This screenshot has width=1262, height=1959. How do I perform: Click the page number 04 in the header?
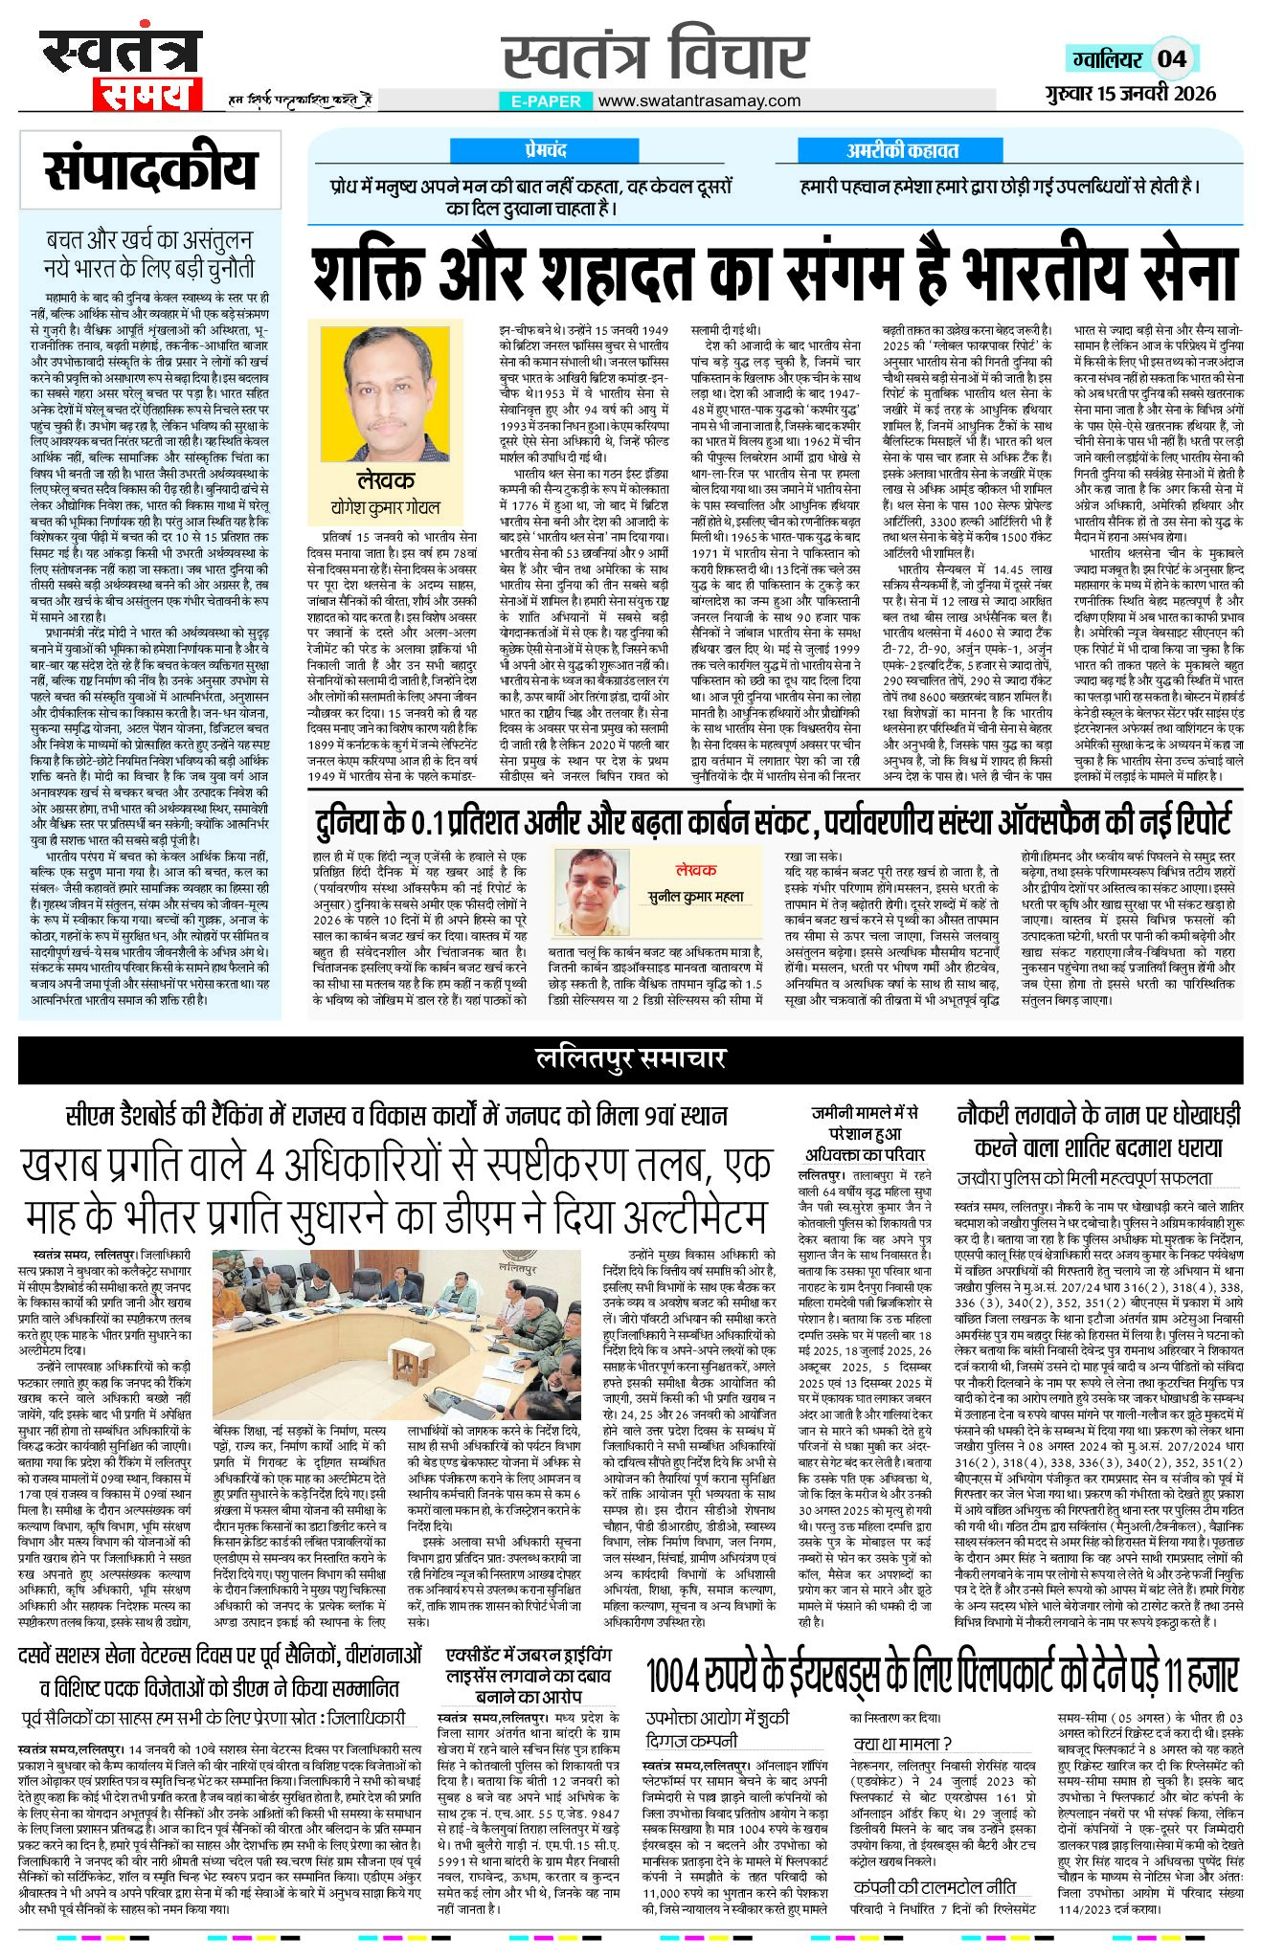click(x=1172, y=59)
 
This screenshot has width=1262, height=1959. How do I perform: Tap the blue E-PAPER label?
click(x=546, y=100)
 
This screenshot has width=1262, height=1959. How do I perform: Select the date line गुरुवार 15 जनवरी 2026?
click(x=1130, y=93)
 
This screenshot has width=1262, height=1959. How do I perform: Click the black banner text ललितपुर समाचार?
click(x=631, y=1058)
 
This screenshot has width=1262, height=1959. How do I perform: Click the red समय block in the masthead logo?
click(x=147, y=95)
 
